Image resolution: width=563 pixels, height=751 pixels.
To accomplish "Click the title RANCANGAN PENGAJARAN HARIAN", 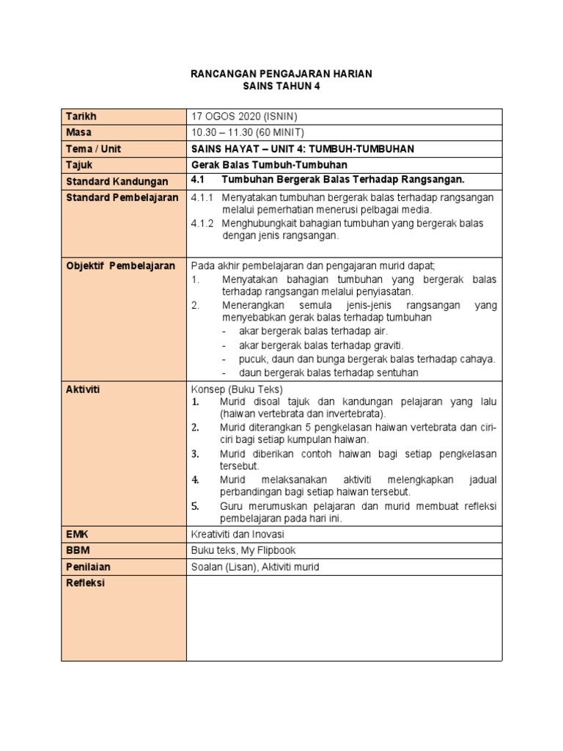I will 281,73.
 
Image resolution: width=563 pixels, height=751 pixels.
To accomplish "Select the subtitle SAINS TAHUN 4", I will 281,86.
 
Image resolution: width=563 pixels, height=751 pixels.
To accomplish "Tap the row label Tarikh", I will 81,117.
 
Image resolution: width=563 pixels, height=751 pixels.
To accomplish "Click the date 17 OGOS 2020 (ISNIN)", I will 243,117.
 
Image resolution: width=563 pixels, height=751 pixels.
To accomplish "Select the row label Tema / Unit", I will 94,149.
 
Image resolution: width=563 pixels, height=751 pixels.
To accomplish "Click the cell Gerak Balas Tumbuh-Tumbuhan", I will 268,165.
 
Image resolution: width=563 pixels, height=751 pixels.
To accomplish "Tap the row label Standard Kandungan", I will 117,181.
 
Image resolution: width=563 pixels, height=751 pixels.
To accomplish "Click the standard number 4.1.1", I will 201,198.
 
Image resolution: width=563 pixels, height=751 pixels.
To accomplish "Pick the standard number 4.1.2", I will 201,223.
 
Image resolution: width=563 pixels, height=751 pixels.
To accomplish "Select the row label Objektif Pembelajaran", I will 121,265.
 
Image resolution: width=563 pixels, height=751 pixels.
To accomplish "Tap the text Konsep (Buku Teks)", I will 237,389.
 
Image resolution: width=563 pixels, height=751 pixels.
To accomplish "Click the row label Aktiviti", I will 82,389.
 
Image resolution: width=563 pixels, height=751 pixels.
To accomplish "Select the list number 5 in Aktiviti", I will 196,506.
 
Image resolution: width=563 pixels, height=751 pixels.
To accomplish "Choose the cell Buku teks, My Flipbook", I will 243,551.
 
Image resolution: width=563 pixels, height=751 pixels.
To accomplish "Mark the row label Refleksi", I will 85,583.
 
